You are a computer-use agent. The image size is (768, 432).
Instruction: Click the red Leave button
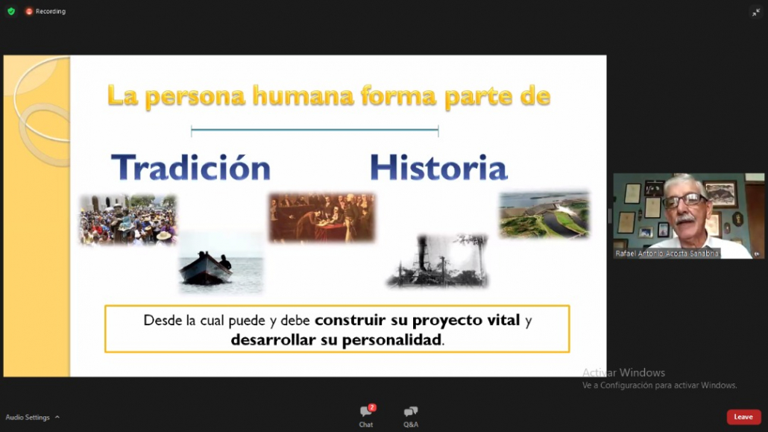[743, 417]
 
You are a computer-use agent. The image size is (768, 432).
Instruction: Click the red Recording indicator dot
[29, 11]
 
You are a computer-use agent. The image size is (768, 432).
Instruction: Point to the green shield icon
[11, 10]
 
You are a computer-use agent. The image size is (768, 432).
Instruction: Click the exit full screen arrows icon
[756, 12]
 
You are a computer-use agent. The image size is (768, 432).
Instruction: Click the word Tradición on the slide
[191, 167]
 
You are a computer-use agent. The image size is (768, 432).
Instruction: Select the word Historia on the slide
[438, 167]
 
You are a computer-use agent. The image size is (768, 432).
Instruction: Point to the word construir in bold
[350, 320]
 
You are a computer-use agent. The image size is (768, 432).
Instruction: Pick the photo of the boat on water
[221, 263]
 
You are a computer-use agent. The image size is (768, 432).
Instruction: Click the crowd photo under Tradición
[128, 219]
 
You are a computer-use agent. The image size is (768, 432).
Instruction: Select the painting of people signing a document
[322, 217]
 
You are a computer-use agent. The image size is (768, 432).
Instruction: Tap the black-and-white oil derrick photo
[438, 260]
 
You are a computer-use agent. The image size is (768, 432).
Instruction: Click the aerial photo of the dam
[544, 215]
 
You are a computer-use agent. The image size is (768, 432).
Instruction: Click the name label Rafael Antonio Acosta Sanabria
[667, 254]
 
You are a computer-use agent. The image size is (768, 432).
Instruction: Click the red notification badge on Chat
[372, 407]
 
